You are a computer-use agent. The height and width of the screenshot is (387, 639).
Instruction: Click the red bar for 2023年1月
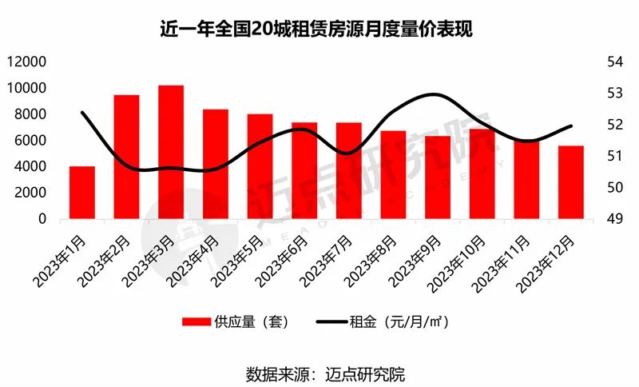point(82,193)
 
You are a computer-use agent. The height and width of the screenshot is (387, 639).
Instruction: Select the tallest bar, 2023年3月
point(171,152)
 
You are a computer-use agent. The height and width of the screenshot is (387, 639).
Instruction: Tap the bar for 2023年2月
point(127,157)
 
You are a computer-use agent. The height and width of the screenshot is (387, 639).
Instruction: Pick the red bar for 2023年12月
point(570,182)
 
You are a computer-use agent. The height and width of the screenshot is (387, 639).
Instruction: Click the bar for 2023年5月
point(260,166)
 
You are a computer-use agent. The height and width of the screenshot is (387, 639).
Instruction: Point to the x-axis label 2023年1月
point(62,257)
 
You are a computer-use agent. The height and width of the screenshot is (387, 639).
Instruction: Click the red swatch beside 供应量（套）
point(196,322)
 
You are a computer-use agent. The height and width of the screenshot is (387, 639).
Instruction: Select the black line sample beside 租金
point(331,322)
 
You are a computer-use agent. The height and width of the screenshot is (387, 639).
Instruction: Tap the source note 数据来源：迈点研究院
point(319,373)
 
